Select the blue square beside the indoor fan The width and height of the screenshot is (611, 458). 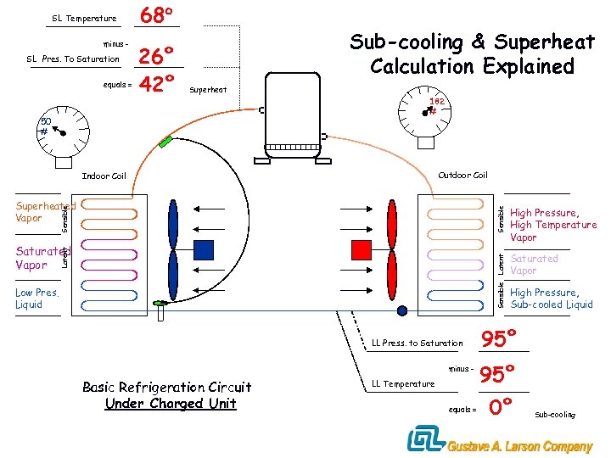click(x=204, y=249)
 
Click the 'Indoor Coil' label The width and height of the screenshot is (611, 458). click(x=104, y=176)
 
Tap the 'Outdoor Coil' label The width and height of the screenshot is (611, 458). click(x=462, y=176)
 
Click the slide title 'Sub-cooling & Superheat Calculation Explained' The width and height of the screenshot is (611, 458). click(x=473, y=54)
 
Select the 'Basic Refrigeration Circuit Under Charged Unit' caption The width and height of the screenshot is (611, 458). click(x=167, y=395)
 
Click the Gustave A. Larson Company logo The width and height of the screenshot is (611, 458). click(x=500, y=441)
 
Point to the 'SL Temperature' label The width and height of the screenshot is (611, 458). click(x=84, y=19)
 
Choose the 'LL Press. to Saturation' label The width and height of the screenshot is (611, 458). click(x=418, y=343)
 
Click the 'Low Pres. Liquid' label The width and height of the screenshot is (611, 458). click(x=37, y=299)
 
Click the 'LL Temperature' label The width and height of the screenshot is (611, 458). click(x=403, y=384)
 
